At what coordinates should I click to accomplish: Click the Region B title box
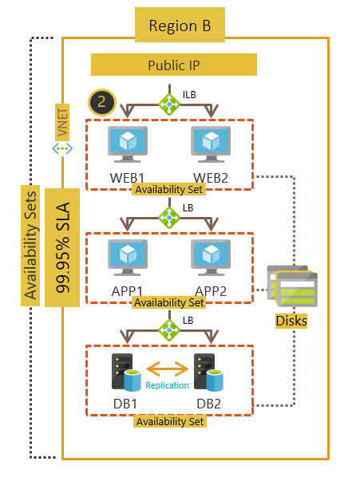point(180,26)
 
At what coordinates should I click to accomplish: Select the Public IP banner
point(173,65)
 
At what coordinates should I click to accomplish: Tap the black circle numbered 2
point(101,101)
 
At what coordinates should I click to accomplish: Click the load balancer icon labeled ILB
point(169,104)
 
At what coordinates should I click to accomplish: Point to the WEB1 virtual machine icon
point(127,144)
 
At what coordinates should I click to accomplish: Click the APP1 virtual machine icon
point(127,256)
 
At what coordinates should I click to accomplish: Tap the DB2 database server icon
point(212,371)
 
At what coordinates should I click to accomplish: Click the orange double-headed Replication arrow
point(167,369)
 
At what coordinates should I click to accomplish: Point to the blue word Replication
point(167,385)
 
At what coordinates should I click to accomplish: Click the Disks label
point(291,321)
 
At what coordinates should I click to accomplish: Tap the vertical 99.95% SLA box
point(62,247)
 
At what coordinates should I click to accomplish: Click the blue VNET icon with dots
point(62,149)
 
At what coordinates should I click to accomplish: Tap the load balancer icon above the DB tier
point(169,329)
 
